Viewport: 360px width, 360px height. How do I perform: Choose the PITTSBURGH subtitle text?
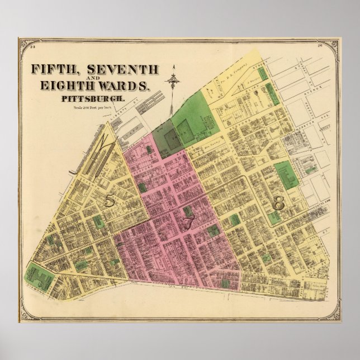(89, 98)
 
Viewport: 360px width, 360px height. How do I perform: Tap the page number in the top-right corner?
(319, 47)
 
